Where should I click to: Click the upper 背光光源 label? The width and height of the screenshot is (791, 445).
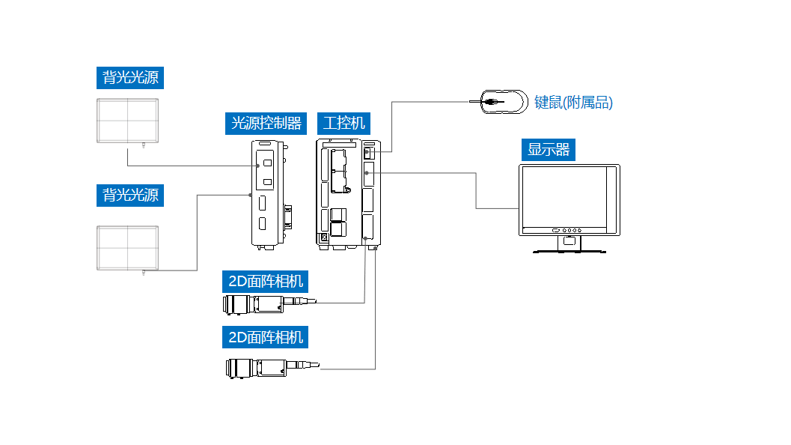click(x=130, y=78)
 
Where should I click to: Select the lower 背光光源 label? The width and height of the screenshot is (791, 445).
click(x=130, y=196)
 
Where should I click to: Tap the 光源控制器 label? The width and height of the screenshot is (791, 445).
click(x=266, y=123)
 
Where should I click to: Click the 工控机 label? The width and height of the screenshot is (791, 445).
click(x=345, y=123)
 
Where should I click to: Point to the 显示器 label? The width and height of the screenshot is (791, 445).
click(x=549, y=150)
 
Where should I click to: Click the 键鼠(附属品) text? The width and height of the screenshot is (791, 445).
click(x=573, y=103)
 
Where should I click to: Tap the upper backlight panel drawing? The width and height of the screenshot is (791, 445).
click(x=128, y=121)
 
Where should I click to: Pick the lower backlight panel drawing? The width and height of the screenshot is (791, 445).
click(x=128, y=248)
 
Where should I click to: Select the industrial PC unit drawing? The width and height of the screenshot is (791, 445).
click(x=348, y=192)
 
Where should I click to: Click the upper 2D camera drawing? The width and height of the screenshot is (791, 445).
click(x=266, y=304)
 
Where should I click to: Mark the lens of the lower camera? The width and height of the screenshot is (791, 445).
click(x=238, y=368)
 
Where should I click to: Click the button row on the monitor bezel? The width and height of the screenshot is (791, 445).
click(x=567, y=231)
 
